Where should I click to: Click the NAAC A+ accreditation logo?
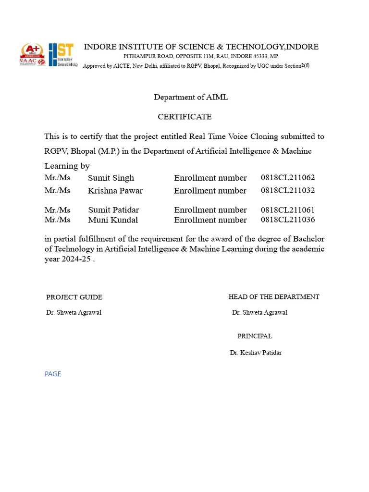(32, 55)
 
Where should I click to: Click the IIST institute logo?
(62, 55)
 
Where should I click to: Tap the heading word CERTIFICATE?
(184, 117)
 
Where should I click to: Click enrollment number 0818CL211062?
(288, 178)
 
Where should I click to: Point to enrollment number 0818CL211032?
(288, 190)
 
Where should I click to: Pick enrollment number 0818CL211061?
(288, 210)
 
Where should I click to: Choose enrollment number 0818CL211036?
(288, 220)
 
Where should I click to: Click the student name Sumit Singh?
(111, 178)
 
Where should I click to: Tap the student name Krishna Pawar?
(115, 191)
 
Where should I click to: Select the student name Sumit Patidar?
(113, 210)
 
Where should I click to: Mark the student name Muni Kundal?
(113, 220)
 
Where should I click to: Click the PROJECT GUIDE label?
(74, 297)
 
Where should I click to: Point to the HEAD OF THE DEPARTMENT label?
(274, 297)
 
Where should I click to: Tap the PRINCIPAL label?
(255, 336)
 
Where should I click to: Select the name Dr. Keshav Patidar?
(256, 353)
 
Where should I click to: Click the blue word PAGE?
(53, 374)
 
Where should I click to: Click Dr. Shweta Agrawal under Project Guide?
(74, 313)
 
